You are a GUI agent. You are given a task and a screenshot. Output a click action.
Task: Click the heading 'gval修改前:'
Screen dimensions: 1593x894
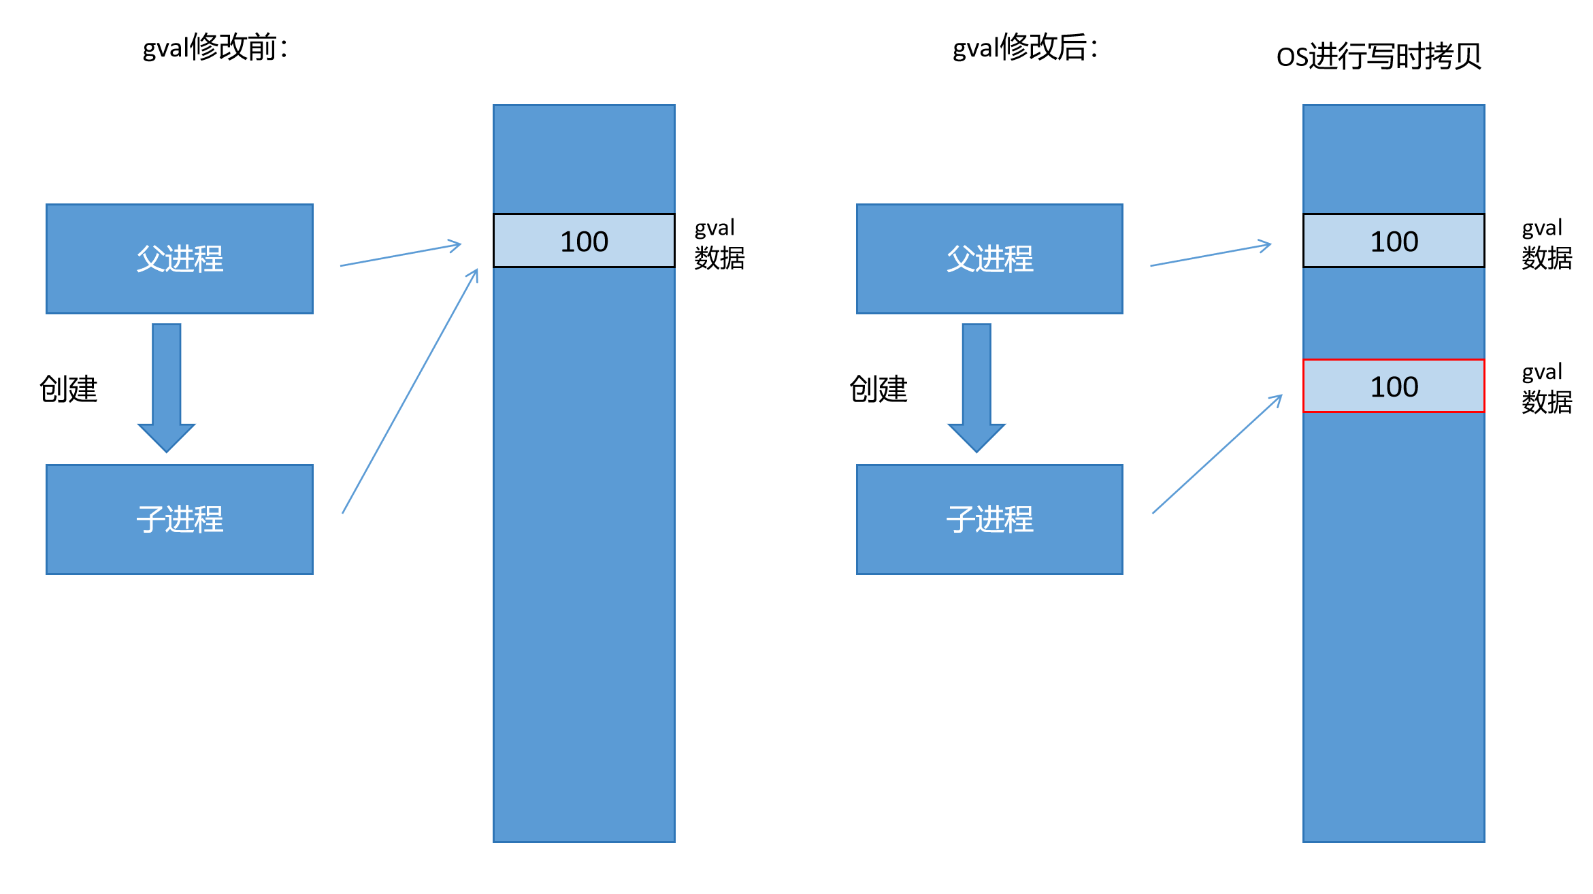(x=215, y=48)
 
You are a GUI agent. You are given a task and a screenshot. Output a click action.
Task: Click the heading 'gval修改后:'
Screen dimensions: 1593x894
(x=1025, y=48)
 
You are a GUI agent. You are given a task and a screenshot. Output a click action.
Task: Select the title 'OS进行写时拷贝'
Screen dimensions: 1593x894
(x=1379, y=56)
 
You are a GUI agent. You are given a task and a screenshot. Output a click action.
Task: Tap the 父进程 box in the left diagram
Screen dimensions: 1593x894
(x=180, y=259)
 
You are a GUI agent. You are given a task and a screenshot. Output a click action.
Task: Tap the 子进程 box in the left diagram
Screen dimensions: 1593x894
(x=180, y=519)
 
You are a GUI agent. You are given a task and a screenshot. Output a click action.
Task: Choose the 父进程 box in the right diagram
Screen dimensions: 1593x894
(x=989, y=259)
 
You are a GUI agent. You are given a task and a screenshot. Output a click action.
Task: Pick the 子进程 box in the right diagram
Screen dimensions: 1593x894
(x=989, y=519)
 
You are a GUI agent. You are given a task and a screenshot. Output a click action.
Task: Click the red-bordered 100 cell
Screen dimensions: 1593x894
(x=1394, y=386)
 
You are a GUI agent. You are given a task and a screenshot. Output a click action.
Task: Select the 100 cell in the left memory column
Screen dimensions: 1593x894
(x=584, y=241)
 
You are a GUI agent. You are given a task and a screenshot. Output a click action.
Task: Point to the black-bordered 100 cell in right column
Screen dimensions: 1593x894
(x=1394, y=241)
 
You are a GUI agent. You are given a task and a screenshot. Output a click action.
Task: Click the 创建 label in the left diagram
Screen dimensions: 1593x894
(x=69, y=389)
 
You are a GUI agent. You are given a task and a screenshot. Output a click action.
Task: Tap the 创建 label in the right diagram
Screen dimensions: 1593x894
(x=878, y=389)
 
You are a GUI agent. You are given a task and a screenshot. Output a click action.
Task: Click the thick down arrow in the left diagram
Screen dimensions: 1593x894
(x=167, y=388)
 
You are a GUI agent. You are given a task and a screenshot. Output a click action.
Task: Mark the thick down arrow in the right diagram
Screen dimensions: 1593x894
(x=976, y=388)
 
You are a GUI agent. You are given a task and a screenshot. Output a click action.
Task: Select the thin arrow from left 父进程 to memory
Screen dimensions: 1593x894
(x=401, y=254)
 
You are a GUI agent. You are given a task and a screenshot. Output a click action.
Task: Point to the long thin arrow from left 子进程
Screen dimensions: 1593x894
(x=410, y=391)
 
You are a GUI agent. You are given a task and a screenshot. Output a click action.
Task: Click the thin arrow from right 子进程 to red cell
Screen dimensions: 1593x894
(x=1217, y=454)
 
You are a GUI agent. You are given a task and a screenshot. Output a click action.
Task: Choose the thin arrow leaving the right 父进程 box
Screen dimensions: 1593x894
(x=1211, y=254)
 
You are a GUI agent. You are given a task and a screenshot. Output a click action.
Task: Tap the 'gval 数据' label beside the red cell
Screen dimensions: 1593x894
(x=1547, y=388)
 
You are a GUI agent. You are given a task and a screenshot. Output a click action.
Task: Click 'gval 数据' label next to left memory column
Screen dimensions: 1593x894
(x=719, y=244)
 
